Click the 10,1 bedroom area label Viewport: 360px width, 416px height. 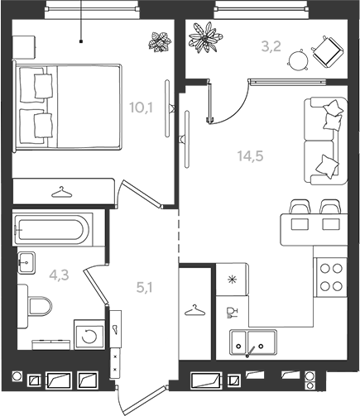pos(141,108)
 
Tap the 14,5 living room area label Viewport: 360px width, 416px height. pos(251,156)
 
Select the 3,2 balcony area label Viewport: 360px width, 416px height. pos(271,46)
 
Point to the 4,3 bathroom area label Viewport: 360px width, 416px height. pos(59,275)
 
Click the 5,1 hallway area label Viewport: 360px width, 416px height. pos(144,288)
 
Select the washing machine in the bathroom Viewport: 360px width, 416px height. pos(89,336)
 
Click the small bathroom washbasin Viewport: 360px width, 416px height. pos(26,263)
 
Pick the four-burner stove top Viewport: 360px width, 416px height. pos(331,277)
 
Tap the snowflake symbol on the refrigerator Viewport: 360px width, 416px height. pos(232,280)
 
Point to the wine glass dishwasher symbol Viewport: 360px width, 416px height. pos(231,313)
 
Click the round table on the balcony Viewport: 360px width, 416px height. pos(298,60)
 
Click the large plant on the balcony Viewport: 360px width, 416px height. pos(205,37)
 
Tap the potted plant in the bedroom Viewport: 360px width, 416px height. pos(160,42)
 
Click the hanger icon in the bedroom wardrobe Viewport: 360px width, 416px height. pos(61,192)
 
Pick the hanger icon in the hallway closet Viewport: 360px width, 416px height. pos(195,310)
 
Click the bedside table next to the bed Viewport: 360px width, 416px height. pos(24,47)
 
